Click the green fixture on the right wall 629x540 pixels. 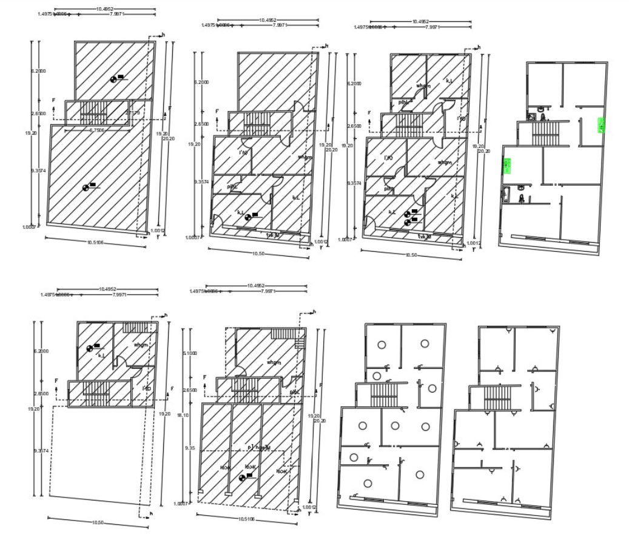point(602,125)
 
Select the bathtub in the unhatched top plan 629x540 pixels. point(504,195)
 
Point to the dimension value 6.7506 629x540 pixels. point(97,130)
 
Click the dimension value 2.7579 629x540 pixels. point(133,113)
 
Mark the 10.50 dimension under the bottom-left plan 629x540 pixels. point(97,522)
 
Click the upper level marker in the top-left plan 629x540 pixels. point(116,78)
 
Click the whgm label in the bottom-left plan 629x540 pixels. point(141,345)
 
